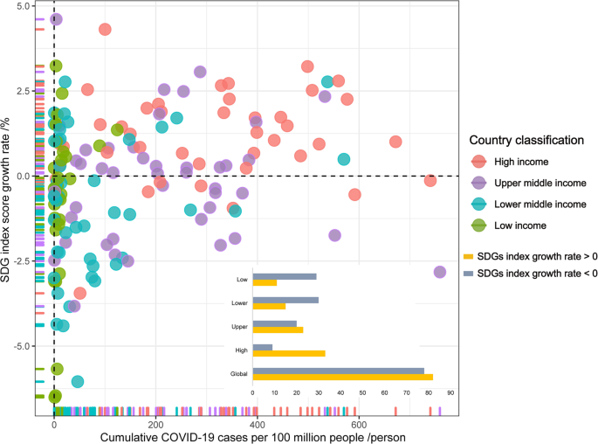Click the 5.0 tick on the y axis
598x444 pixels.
coord(24,6)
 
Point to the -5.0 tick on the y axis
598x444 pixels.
coord(23,346)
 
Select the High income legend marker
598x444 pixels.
coord(478,161)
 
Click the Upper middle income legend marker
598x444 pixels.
coord(478,183)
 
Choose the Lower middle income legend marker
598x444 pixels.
coord(478,204)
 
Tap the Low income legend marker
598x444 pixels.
coord(478,225)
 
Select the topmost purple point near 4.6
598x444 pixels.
coord(56,19)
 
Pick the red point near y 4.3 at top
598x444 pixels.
coord(105,29)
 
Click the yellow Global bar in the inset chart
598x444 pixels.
coord(342,377)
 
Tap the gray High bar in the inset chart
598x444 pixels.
coord(263,347)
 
